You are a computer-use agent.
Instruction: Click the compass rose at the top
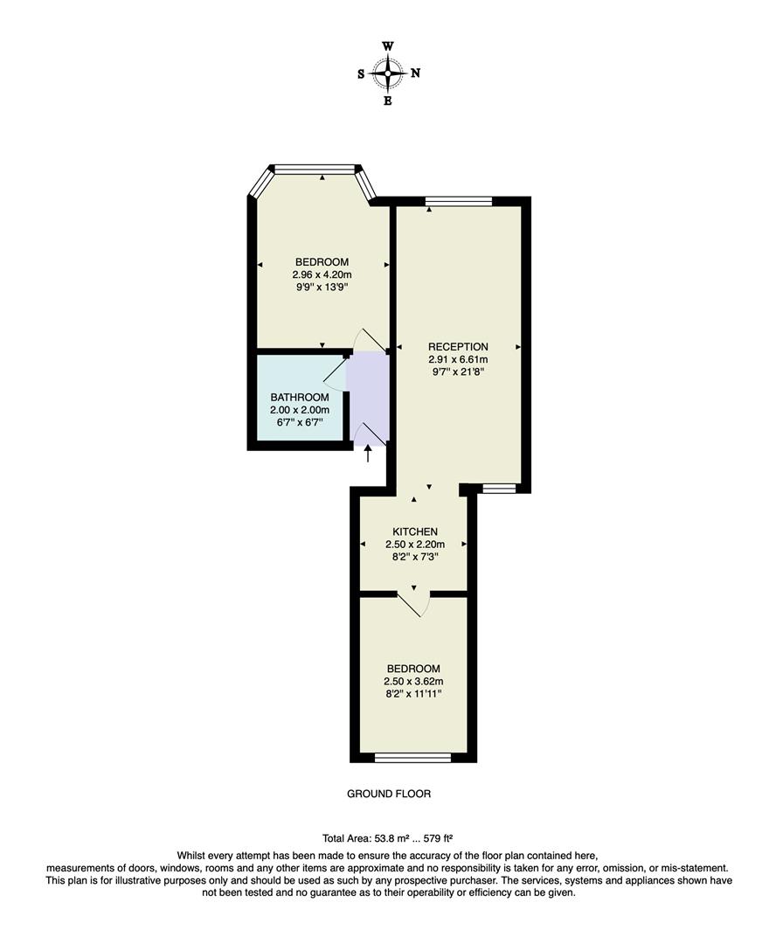[x=388, y=73]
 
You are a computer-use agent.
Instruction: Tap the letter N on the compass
[x=415, y=73]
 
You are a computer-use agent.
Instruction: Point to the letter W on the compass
[x=388, y=46]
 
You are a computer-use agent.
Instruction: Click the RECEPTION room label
[x=458, y=346]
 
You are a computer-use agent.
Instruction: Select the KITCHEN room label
[x=414, y=531]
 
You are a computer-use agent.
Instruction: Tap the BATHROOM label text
[x=299, y=398]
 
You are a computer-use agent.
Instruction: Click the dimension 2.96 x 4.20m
[x=322, y=274]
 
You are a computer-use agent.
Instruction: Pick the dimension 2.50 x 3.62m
[x=414, y=681]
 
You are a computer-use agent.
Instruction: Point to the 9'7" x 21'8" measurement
[x=458, y=371]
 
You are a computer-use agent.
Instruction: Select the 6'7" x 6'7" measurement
[x=299, y=422]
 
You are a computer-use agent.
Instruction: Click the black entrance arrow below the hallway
[x=368, y=454]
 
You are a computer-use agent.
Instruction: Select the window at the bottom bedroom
[x=413, y=757]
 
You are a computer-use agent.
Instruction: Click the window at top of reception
[x=458, y=202]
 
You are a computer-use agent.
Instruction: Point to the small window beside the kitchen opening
[x=500, y=489]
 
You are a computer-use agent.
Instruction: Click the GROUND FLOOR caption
[x=389, y=795]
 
